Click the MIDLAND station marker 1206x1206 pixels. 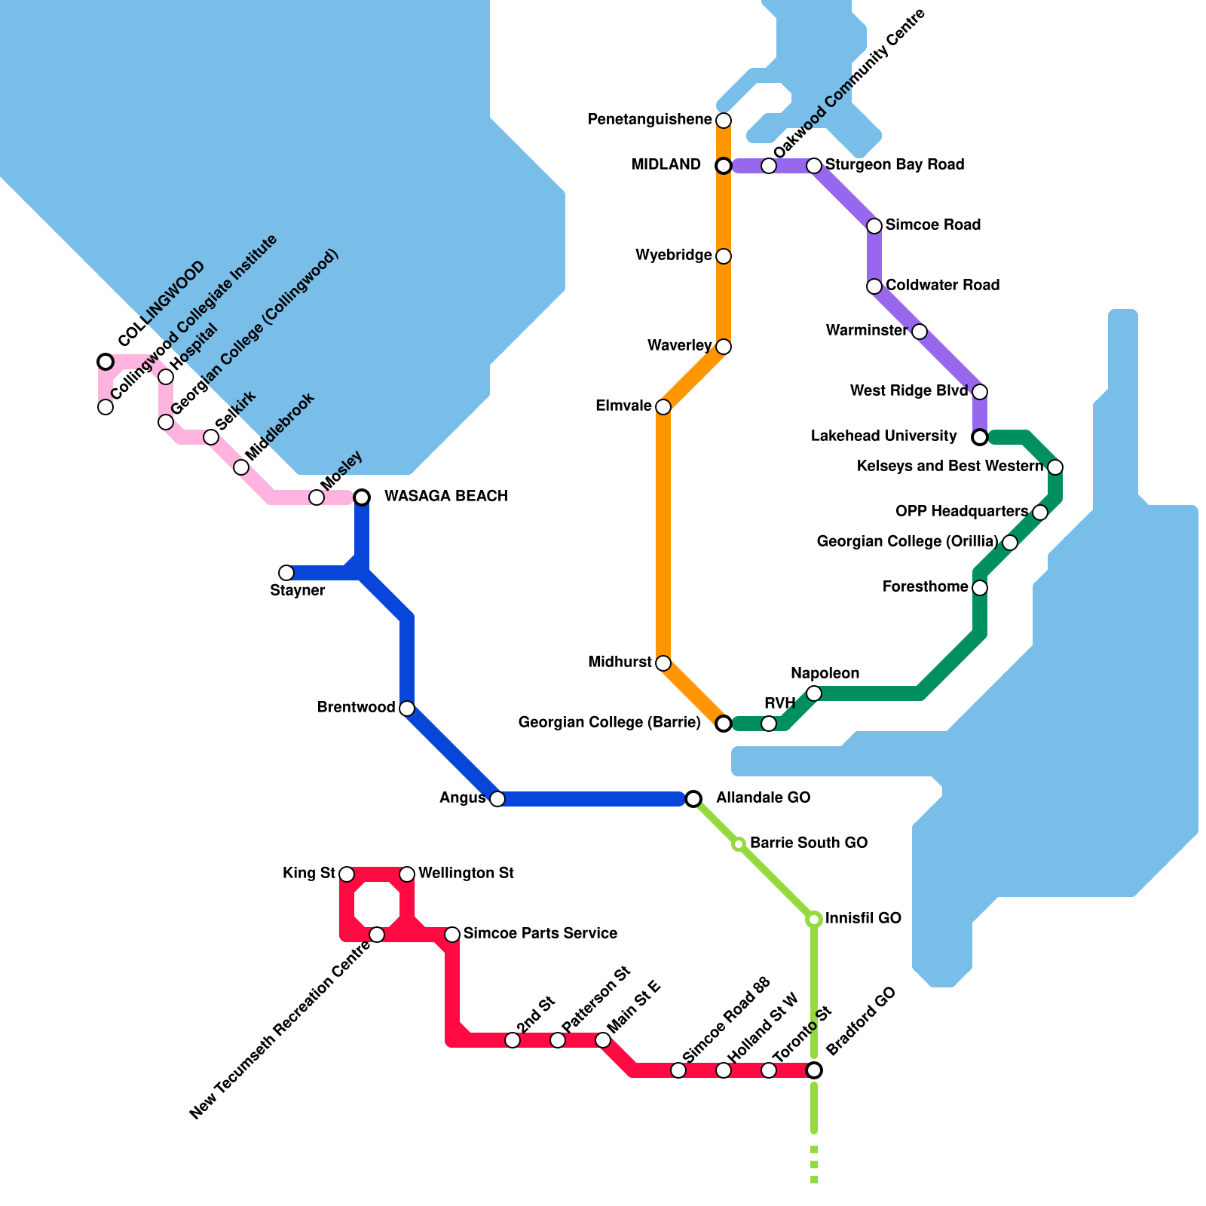pos(724,165)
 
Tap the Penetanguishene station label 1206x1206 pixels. pos(650,120)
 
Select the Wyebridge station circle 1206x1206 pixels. pos(724,256)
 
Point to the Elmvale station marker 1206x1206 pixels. pos(663,407)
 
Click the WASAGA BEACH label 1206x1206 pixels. pos(445,496)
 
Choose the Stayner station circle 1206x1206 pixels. pos(286,573)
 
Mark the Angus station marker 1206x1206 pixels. pos(497,799)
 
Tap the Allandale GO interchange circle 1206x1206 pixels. pos(693,798)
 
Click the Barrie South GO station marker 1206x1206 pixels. pos(739,843)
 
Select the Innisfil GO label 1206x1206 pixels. pos(863,918)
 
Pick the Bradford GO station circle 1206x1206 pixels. pos(814,1070)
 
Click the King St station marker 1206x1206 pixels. pos(347,874)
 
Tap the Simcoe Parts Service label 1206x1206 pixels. pos(540,933)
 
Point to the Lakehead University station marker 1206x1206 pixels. pos(980,437)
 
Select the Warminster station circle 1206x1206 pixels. pos(920,332)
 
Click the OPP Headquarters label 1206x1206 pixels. pos(962,512)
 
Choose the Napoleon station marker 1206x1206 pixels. pos(814,693)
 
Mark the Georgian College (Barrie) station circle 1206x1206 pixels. pos(724,724)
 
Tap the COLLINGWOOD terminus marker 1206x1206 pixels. pos(106,362)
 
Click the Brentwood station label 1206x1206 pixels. pos(357,707)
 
